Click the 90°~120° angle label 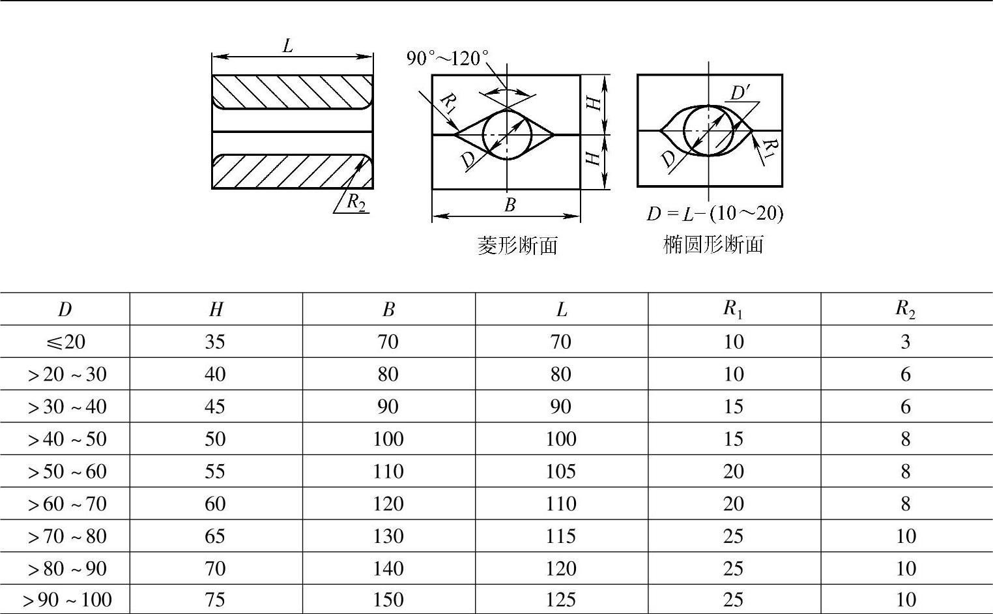pos(448,59)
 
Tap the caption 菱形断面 pos(517,246)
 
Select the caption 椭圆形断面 pos(713,244)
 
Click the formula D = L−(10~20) pos(715,214)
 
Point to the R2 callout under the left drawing pos(355,203)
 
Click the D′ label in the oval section pos(740,93)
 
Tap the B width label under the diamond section pos(510,205)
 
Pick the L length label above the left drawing pos(287,46)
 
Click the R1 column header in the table pos(733,309)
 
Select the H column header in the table pos(216,310)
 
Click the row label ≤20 pos(65,342)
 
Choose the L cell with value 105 pos(560,471)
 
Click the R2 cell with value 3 pos(905,342)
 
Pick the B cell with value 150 pos(388,600)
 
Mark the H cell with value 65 pos(215,536)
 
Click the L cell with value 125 pos(560,600)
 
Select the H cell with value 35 pos(215,342)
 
